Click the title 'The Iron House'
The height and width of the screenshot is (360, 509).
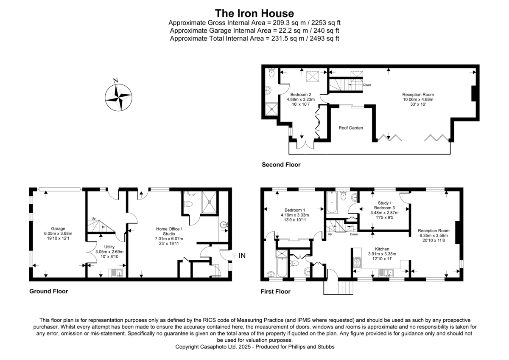coord(254,13)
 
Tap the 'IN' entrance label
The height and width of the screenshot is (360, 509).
coord(242,256)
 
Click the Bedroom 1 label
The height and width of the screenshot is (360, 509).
coord(295,210)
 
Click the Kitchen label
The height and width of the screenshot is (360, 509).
coord(382,249)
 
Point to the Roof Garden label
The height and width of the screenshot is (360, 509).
coord(350,127)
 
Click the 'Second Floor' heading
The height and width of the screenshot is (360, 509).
coord(281,165)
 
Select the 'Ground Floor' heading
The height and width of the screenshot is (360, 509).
coord(48,291)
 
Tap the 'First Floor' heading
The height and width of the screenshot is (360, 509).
coord(275,292)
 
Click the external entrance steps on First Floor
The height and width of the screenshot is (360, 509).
coord(338,287)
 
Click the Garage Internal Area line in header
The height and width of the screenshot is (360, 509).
coord(254,31)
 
